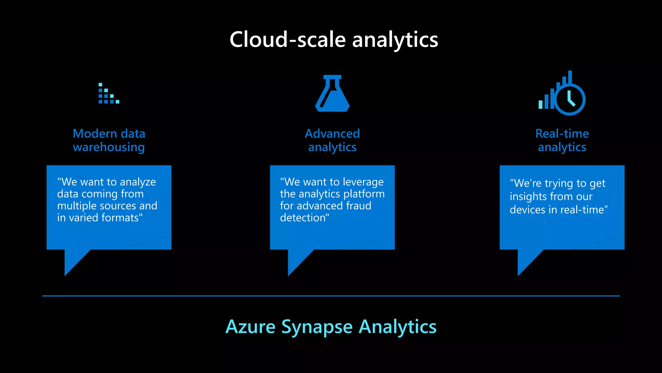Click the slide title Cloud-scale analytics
pos(334,40)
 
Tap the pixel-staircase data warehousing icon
pos(108,94)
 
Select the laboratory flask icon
pos(332,94)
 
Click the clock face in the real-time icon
pos(570,99)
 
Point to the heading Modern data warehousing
pos(109,140)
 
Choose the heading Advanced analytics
pos(332,140)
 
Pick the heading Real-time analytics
pos(562,140)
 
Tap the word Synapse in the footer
pos(317,327)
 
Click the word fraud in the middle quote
pos(358,206)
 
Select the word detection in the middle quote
pos(304,218)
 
